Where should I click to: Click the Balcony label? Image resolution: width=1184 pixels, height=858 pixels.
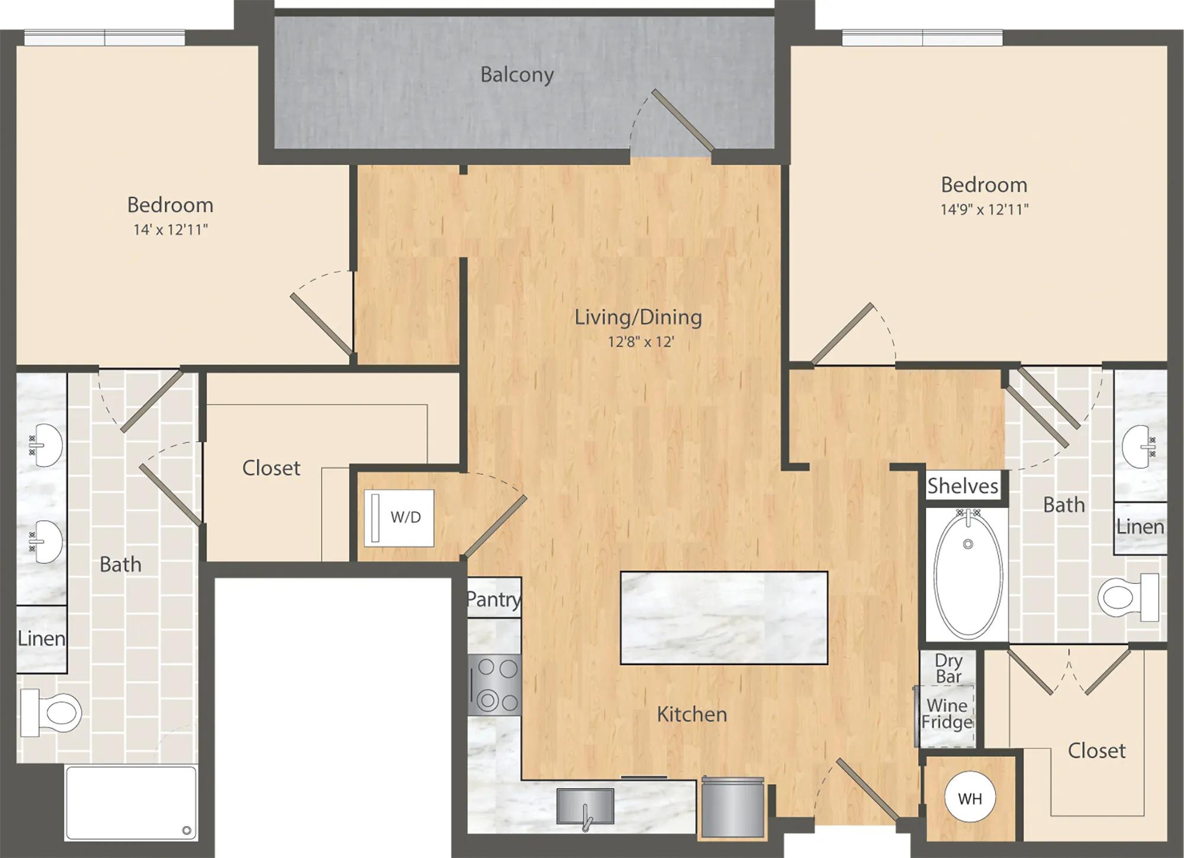[517, 75]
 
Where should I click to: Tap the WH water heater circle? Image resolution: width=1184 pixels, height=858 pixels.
[970, 798]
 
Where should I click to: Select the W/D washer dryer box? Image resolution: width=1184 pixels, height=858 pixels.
[399, 518]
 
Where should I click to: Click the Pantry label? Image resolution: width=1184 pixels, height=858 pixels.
[494, 599]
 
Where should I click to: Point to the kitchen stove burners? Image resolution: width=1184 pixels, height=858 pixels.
[495, 685]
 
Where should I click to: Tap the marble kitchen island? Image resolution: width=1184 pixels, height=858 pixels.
[723, 618]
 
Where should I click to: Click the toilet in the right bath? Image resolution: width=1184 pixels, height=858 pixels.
[1128, 597]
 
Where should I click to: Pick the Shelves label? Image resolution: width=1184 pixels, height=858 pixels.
[963, 486]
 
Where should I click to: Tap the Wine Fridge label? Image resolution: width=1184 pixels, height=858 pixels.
[947, 714]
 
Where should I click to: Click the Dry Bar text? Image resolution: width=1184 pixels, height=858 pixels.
[948, 668]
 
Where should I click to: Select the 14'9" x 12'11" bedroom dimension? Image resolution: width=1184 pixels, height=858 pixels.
[984, 210]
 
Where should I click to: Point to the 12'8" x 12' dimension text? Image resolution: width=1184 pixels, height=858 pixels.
[641, 342]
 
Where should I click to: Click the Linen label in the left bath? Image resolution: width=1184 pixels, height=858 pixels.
[41, 638]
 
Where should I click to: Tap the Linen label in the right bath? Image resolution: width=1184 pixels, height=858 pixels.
[1140, 526]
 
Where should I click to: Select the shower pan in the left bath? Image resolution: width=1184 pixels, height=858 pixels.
[131, 803]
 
